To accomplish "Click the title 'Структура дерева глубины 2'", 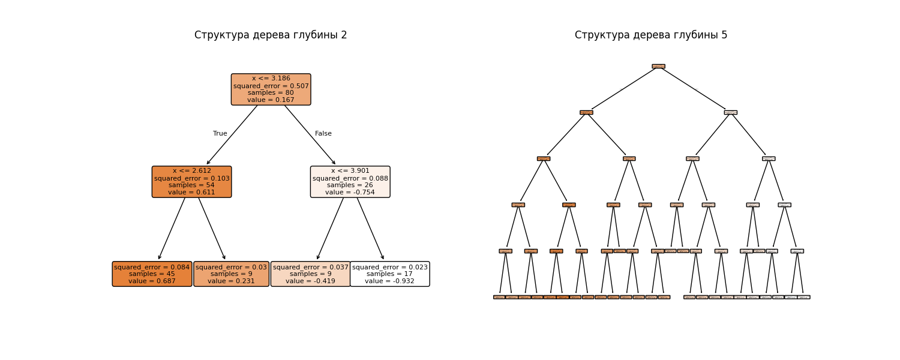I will [271, 35].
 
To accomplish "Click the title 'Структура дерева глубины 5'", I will [651, 35].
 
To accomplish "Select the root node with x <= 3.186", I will [271, 89].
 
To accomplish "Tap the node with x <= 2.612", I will [191, 182].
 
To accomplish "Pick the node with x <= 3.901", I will [350, 182].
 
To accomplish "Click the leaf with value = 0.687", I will [152, 274].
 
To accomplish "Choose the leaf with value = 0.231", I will [231, 274].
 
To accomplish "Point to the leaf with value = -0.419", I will [310, 274].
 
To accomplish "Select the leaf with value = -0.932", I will [389, 274].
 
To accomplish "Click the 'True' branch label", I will [220, 134].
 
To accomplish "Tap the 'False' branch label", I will [323, 134].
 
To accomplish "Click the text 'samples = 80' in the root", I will [271, 93].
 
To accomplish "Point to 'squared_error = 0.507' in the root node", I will [271, 86].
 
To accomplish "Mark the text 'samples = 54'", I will [191, 185].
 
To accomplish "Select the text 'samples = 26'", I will [350, 185].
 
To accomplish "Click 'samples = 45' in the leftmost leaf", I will [152, 274].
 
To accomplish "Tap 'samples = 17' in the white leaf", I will [389, 274].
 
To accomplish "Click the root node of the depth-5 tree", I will [658, 66].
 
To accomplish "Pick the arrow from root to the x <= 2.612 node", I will [232, 135].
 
